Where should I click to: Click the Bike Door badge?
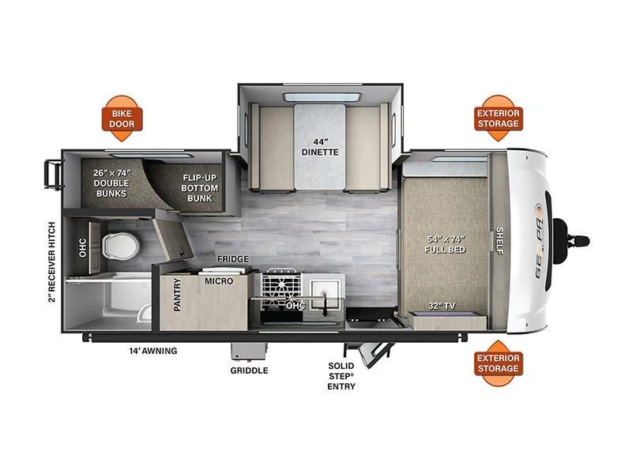coord(122,118)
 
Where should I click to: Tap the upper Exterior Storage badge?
coord(498,118)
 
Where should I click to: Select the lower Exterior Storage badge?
coord(498,363)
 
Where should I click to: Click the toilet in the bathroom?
coord(121,246)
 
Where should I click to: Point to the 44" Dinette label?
coord(320,147)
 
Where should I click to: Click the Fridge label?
coord(233,259)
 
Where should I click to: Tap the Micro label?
coord(219,281)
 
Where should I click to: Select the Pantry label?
coord(177,295)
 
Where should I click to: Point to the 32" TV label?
coord(442,306)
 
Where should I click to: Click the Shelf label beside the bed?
coord(499,241)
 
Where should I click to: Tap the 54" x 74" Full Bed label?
coord(445,244)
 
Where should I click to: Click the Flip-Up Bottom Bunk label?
coord(200,188)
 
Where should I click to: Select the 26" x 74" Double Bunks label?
coord(111,183)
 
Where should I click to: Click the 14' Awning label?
coord(153,351)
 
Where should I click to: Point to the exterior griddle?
coord(249,352)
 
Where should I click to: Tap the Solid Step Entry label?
coord(341,376)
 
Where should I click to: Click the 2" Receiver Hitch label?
coord(51,262)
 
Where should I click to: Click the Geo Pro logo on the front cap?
coord(540,241)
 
